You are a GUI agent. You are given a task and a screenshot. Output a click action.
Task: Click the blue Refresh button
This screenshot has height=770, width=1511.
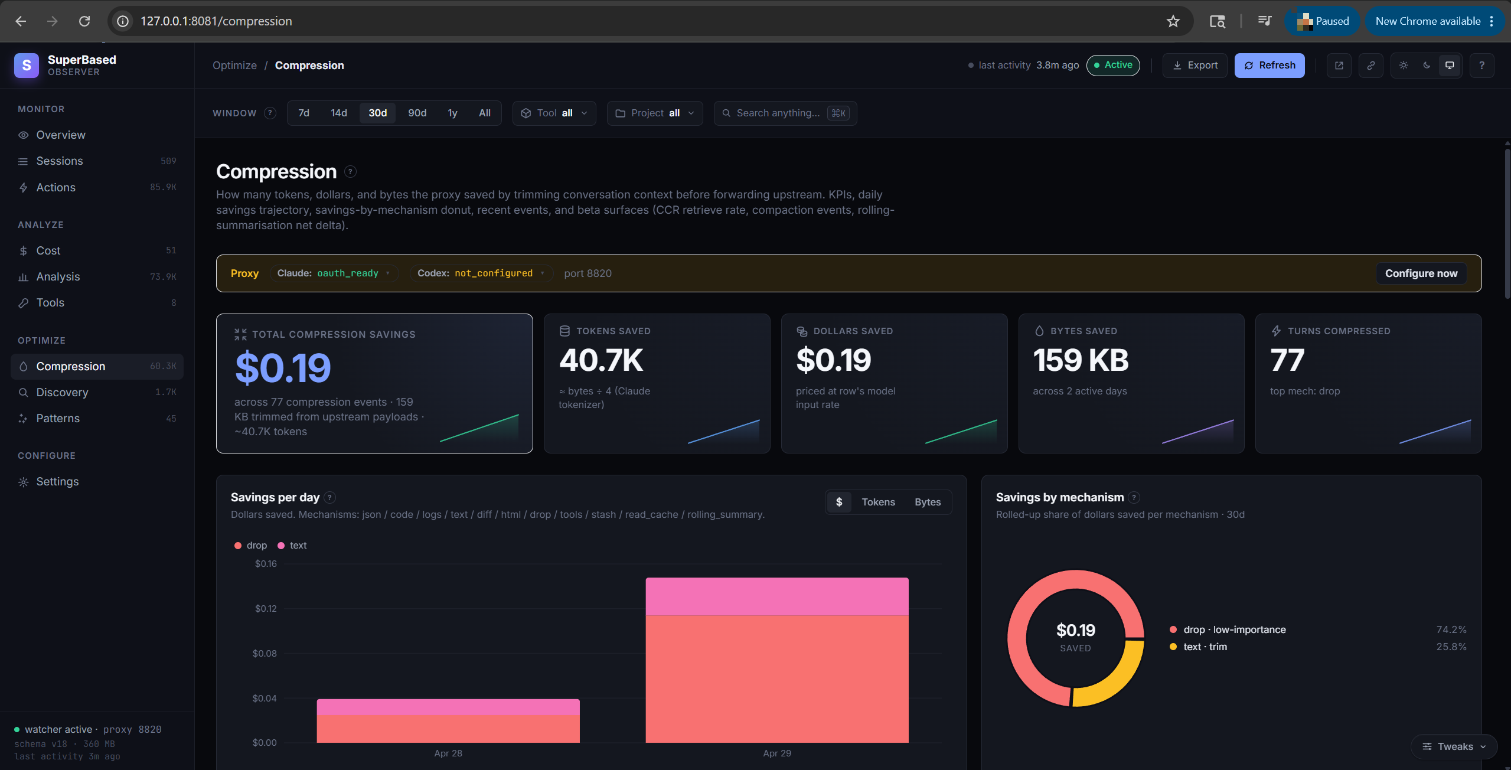(x=1269, y=66)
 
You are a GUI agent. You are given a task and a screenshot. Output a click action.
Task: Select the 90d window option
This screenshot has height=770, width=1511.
(x=417, y=113)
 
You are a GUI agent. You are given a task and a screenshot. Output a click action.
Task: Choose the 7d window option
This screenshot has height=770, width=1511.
(x=303, y=113)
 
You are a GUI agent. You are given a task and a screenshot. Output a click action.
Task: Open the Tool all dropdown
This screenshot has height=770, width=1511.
(x=554, y=113)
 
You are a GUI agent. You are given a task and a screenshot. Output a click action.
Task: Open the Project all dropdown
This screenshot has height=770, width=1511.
(x=655, y=113)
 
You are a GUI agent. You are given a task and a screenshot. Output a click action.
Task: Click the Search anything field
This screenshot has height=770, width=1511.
(x=785, y=113)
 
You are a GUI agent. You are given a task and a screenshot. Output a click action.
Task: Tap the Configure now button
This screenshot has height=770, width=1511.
(x=1421, y=273)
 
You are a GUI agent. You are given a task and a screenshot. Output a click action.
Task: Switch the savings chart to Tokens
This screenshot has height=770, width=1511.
(x=878, y=502)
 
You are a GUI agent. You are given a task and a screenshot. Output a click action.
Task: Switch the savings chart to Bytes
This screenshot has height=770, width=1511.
(x=928, y=502)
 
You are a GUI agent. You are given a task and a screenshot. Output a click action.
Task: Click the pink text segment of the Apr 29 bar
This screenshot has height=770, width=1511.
(x=777, y=596)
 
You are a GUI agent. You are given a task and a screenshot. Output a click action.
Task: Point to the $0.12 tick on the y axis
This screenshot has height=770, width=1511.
(x=266, y=609)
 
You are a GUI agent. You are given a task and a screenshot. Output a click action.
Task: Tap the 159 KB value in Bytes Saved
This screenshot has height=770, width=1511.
(x=1081, y=360)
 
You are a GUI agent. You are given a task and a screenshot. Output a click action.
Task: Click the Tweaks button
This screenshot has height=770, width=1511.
(x=1454, y=746)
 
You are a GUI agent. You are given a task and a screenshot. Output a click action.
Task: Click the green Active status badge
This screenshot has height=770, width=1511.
(x=1113, y=65)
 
